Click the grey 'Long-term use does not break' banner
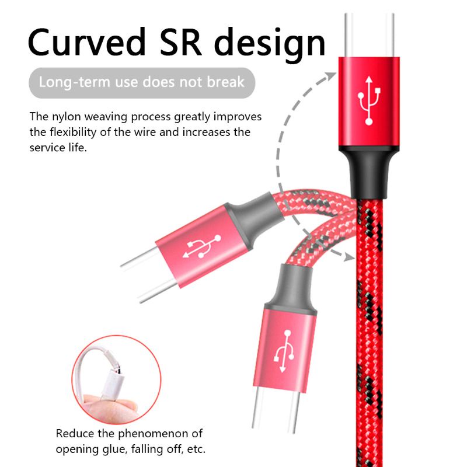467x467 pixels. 142,82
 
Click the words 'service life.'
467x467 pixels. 58,148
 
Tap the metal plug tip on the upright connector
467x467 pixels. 369,32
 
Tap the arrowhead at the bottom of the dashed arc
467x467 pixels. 348,256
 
